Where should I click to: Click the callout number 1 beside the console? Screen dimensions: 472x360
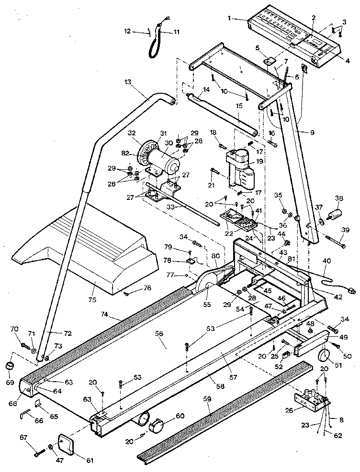pos(230,19)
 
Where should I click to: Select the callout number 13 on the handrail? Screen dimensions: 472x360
pos(126,82)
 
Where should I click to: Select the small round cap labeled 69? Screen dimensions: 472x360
pos(10,367)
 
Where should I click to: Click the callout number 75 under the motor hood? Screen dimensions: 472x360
pos(92,300)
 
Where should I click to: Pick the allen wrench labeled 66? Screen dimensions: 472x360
pos(23,416)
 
